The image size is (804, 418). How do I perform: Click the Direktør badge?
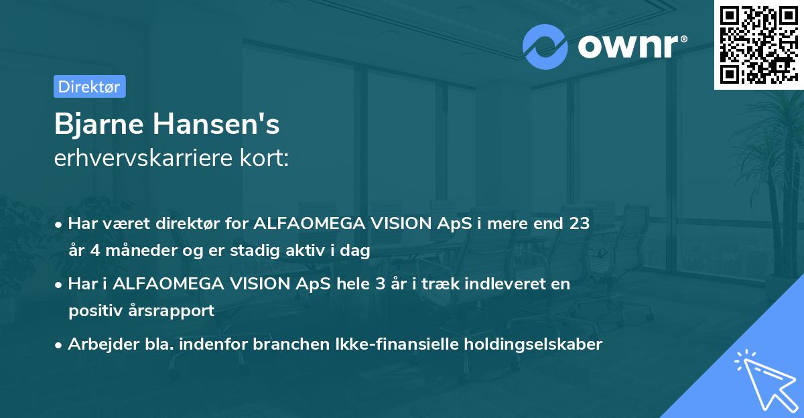coord(89,86)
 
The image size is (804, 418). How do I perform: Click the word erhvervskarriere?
coord(143,158)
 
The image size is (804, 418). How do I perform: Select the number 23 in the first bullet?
coord(580,224)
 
